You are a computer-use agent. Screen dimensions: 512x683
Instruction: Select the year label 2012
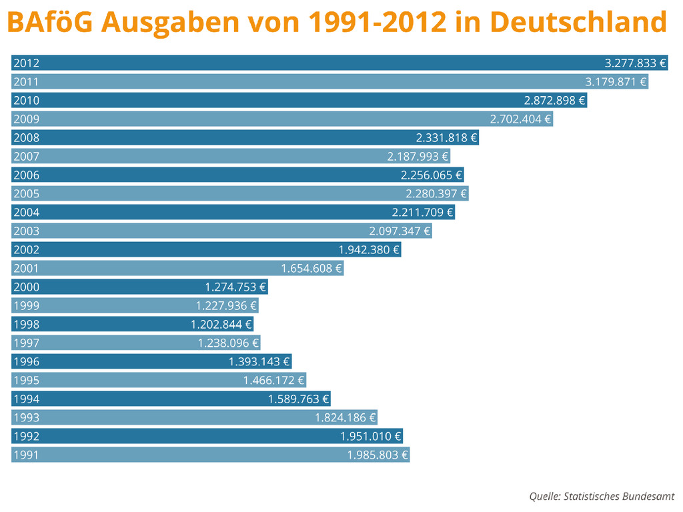click(x=26, y=63)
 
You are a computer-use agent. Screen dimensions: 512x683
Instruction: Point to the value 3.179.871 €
click(x=616, y=82)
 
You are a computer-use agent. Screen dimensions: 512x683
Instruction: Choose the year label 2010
click(x=26, y=101)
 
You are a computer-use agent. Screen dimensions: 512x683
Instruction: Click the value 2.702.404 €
click(x=520, y=119)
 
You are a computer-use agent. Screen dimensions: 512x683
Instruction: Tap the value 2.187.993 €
click(x=418, y=157)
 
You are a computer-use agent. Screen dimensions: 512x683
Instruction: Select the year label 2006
click(x=26, y=175)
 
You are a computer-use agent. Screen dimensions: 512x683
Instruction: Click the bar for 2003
click(x=200, y=231)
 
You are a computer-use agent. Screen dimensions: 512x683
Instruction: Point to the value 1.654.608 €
click(x=311, y=269)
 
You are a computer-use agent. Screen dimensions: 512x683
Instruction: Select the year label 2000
click(x=26, y=287)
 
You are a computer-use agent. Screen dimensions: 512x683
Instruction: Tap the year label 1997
click(x=26, y=343)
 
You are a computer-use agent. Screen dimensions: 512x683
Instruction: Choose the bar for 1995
click(x=133, y=381)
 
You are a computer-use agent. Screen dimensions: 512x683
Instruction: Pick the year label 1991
click(x=26, y=455)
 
